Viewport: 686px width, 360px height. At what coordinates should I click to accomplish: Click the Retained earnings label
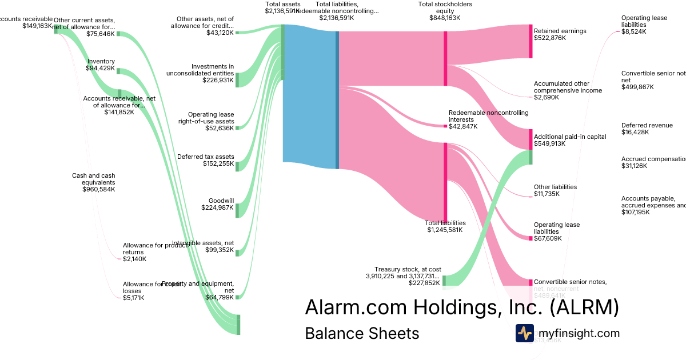point(560,34)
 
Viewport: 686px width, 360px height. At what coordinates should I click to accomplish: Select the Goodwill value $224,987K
point(217,208)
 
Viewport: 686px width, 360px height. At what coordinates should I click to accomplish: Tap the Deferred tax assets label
point(206,160)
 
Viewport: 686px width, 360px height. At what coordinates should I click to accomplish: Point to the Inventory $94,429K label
point(101,65)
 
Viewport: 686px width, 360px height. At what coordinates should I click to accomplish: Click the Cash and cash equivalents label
point(93,182)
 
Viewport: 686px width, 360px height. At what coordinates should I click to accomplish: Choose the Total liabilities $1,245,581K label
point(445,226)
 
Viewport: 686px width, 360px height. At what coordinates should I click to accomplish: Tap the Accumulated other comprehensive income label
point(568,90)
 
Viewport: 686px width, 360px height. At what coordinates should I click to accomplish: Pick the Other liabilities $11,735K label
point(555,190)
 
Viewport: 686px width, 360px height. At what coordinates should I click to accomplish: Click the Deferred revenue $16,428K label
point(647,129)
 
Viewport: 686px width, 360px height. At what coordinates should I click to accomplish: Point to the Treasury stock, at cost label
point(408,275)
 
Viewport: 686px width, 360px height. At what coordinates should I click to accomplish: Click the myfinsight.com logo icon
point(524,333)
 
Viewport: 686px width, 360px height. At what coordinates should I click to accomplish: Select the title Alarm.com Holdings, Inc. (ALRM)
point(462,307)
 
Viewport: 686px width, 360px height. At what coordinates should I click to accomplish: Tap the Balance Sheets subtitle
point(362,333)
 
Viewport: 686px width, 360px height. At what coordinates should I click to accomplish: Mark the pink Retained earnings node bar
point(531,41)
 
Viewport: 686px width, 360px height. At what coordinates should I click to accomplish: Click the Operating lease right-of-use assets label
point(206,121)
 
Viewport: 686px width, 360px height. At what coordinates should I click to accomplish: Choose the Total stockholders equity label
point(445,11)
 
